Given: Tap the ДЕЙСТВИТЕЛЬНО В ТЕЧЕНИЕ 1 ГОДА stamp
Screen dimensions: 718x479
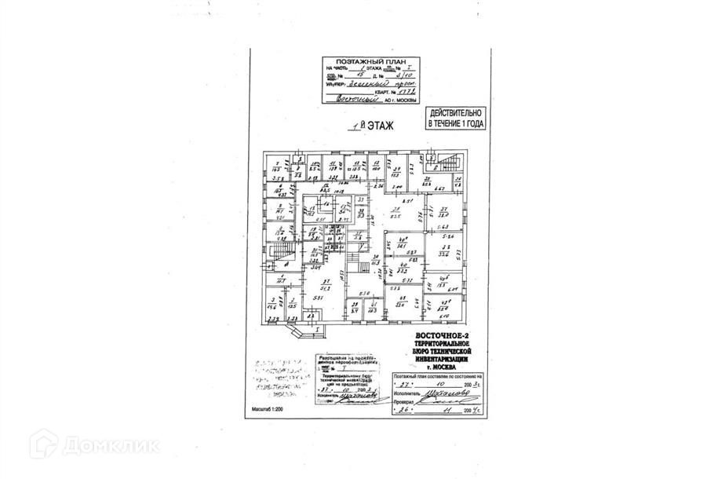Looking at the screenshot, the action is click(455, 119).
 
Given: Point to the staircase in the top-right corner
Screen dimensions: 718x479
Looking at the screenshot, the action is click(447, 164).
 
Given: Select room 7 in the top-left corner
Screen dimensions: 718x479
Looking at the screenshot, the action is click(276, 167).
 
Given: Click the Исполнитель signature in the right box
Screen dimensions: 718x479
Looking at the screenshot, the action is click(439, 394).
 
